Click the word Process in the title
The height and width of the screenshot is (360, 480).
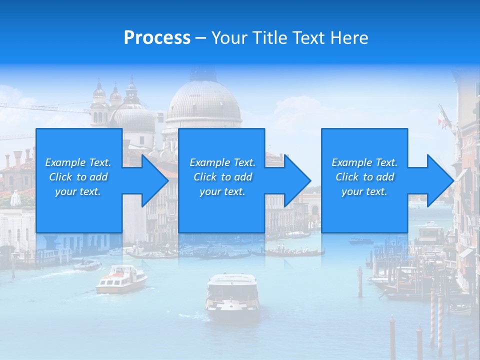[157, 38]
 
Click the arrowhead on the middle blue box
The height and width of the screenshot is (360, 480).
[296, 180]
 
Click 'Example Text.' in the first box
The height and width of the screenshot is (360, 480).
[78, 162]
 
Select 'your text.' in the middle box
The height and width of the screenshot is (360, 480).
[222, 191]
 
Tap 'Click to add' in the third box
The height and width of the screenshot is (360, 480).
[364, 177]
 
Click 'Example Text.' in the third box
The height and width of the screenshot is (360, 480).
[364, 162]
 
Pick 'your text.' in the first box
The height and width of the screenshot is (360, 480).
[78, 191]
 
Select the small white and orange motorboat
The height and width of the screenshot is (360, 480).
[121, 278]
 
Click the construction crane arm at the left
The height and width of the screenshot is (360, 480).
[45, 107]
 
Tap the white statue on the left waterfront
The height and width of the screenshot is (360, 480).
[16, 198]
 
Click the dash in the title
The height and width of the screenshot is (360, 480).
[200, 38]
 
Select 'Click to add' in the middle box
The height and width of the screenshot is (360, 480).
[222, 177]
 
